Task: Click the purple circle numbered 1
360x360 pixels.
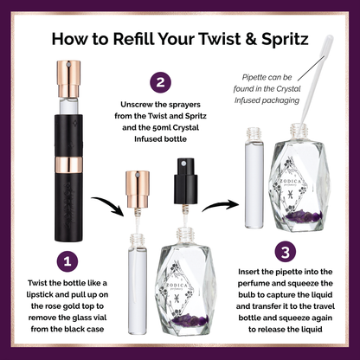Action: tap(67, 261)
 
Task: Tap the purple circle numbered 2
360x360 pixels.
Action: tap(160, 82)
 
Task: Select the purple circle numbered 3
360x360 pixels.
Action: tap(286, 252)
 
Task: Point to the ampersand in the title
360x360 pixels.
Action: tap(251, 39)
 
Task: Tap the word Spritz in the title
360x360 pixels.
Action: tap(286, 40)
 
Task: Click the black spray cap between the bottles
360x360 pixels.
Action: tap(185, 181)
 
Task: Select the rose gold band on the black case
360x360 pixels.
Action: tap(68, 165)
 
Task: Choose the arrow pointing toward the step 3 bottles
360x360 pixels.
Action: tap(221, 204)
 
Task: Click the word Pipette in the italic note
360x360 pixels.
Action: tap(255, 77)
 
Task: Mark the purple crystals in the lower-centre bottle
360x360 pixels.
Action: tap(191, 319)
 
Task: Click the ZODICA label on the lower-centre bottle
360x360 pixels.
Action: tap(177, 286)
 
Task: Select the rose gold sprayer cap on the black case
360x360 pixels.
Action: tap(68, 79)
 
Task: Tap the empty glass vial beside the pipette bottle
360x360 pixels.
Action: tap(254, 178)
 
